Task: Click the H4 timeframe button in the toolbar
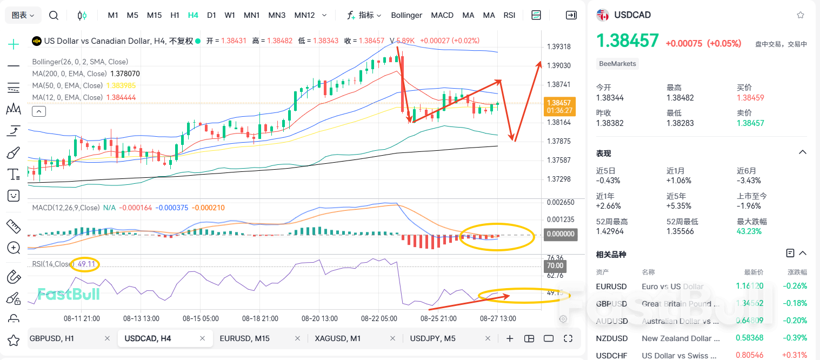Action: [x=193, y=15]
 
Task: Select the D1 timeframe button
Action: [x=212, y=15]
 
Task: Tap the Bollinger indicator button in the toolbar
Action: [x=406, y=15]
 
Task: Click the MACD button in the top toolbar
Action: [x=442, y=15]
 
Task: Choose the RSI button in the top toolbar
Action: [x=509, y=15]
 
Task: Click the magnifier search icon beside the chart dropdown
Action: [x=54, y=15]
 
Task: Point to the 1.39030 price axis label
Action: [x=559, y=65]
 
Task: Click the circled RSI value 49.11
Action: [x=86, y=264]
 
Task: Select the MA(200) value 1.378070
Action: [x=125, y=74]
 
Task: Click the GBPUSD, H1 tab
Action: [x=52, y=338]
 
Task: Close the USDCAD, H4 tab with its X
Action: [x=203, y=338]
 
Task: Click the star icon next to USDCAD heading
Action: [x=801, y=15]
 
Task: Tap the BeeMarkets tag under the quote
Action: [x=618, y=64]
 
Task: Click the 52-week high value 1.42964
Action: [x=609, y=231]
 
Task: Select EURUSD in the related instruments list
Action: [x=611, y=286]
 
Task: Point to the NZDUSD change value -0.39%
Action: [x=797, y=338]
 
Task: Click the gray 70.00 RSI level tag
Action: [x=555, y=266]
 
